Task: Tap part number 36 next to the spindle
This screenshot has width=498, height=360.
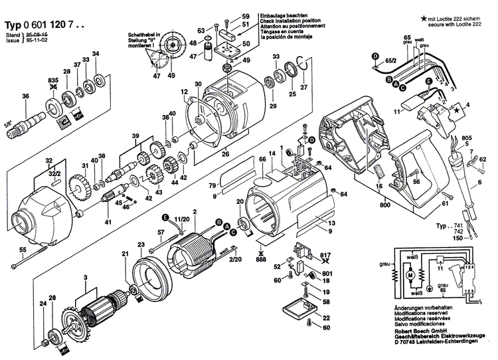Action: click(x=26, y=97)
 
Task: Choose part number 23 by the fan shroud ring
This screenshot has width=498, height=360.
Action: click(x=141, y=245)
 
